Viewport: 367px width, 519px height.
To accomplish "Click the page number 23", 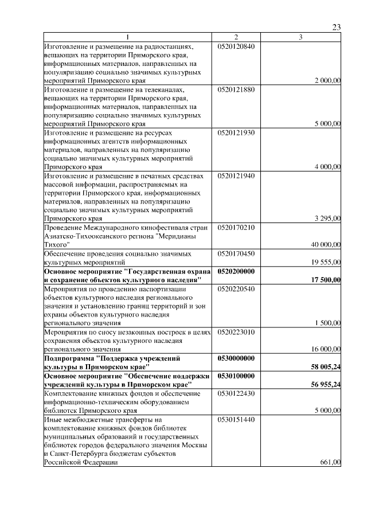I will coord(337,28).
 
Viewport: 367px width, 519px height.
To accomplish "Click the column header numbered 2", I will coord(236,37).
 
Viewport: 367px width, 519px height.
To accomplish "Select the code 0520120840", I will coord(236,46).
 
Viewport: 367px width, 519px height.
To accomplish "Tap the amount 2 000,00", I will coord(327,81).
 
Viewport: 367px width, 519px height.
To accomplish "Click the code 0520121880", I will coord(236,89).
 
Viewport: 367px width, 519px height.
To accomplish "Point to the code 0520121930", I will coord(236,132).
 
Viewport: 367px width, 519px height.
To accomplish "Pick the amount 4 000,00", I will coord(327,167).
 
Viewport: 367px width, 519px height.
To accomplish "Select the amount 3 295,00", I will coord(327,218).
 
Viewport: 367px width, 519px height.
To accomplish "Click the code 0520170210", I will coord(236,227).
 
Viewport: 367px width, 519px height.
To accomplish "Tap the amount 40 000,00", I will coord(326,244).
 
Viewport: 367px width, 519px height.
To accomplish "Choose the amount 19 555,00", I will coord(326,262).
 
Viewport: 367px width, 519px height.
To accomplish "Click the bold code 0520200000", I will coord(236,271).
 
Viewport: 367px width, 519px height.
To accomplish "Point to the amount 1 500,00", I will coord(327,323).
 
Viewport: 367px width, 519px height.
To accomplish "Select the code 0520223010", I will coord(236,331).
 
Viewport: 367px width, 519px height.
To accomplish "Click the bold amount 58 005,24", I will coord(326,366).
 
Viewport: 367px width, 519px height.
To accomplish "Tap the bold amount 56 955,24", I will coord(326,384).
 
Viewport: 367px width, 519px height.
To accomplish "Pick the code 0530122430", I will coord(236,393).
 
